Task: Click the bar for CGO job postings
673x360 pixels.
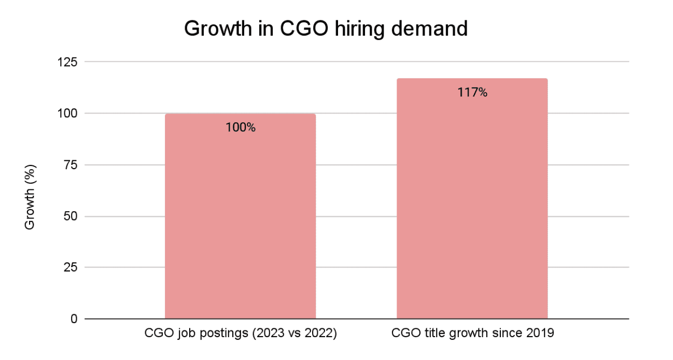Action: click(x=240, y=218)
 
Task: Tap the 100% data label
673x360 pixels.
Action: click(x=240, y=128)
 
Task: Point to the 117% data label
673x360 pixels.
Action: click(x=472, y=93)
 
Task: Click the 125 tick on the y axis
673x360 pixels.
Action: click(x=66, y=62)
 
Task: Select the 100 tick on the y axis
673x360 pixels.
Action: click(x=66, y=113)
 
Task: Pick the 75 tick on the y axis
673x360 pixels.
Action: click(x=70, y=164)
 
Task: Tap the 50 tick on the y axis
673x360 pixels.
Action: click(x=70, y=216)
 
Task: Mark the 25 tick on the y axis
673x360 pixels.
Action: click(x=70, y=267)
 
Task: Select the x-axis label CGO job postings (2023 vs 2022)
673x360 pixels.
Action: click(x=240, y=334)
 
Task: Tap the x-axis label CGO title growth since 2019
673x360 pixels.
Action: click(x=472, y=334)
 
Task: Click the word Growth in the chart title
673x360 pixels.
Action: click(x=215, y=29)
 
